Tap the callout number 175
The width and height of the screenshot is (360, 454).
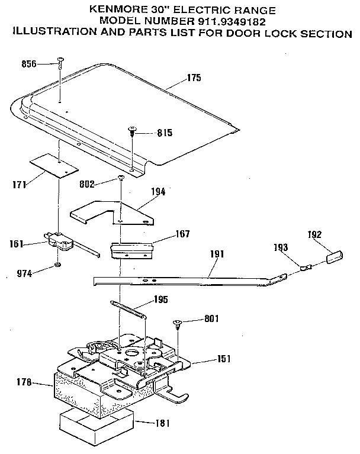[x=194, y=78]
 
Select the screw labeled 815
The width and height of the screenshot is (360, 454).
[x=133, y=131]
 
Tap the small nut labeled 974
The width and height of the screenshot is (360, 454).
[x=57, y=265]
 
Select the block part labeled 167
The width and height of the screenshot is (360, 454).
[x=133, y=247]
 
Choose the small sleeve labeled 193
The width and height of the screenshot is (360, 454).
[x=304, y=268]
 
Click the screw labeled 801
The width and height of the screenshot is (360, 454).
[x=176, y=323]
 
